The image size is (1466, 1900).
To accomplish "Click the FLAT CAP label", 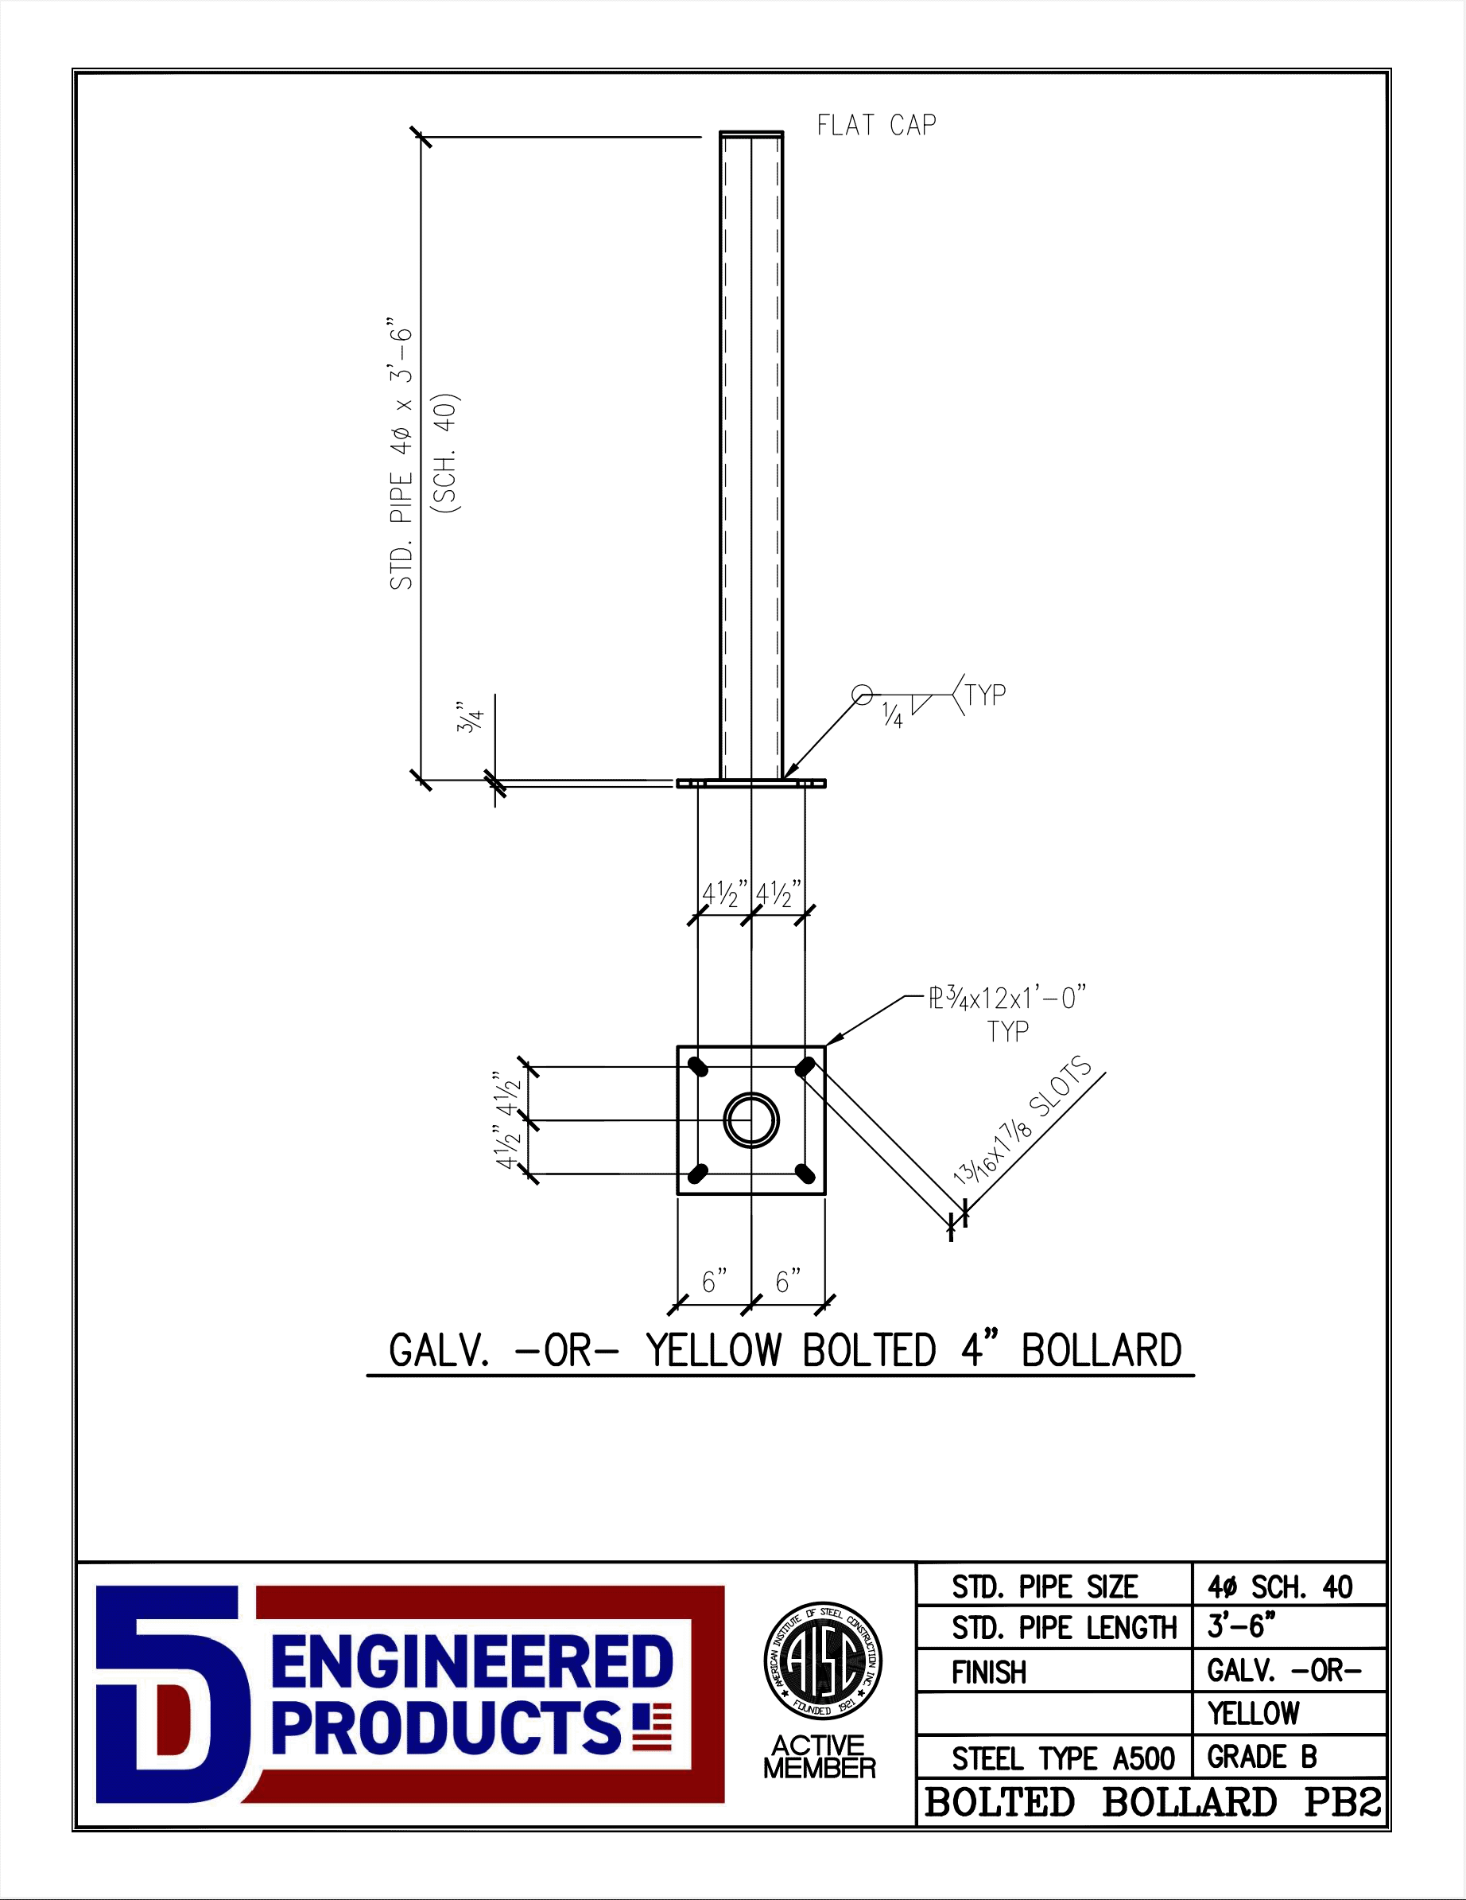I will pyautogui.click(x=875, y=125).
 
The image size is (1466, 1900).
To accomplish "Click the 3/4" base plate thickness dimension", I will pyautogui.click(x=470, y=718).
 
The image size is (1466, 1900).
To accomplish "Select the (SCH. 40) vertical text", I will pyautogui.click(x=447, y=454).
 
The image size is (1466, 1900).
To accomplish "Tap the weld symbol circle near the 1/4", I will pyautogui.click(x=861, y=695).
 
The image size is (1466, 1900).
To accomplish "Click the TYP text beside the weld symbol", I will pyautogui.click(x=986, y=695).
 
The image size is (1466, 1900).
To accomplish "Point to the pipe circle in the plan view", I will pyautogui.click(x=751, y=1120).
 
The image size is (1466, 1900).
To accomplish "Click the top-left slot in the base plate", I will pyautogui.click(x=697, y=1067).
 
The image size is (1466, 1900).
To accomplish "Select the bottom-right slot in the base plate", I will pyautogui.click(x=805, y=1174).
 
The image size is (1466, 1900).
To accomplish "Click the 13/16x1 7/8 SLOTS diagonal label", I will pyautogui.click(x=1022, y=1119).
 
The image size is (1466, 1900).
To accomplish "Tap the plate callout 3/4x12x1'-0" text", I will pyautogui.click(x=1007, y=997).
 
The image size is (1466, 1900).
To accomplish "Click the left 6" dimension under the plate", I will pyautogui.click(x=714, y=1280).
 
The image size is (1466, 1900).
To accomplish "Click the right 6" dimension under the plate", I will pyautogui.click(x=788, y=1280).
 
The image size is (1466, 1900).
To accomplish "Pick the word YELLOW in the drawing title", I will pyautogui.click(x=713, y=1350).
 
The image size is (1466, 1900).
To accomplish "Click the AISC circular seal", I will pyautogui.click(x=823, y=1660).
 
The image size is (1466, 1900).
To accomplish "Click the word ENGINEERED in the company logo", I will pyautogui.click(x=472, y=1661).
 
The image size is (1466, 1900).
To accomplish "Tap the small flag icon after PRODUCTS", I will pyautogui.click(x=652, y=1727).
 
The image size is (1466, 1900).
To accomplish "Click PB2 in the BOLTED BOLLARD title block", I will pyautogui.click(x=1342, y=1801).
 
